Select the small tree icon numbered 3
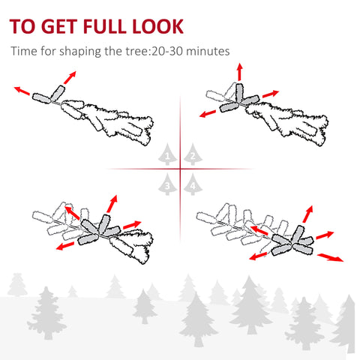tap(169, 182)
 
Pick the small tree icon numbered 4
tap(192, 182)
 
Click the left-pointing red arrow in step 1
tap(24, 91)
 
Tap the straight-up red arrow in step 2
tap(240, 72)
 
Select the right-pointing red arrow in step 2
tap(269, 94)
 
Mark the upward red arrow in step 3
tap(113, 203)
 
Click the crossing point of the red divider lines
tap(181, 169)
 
